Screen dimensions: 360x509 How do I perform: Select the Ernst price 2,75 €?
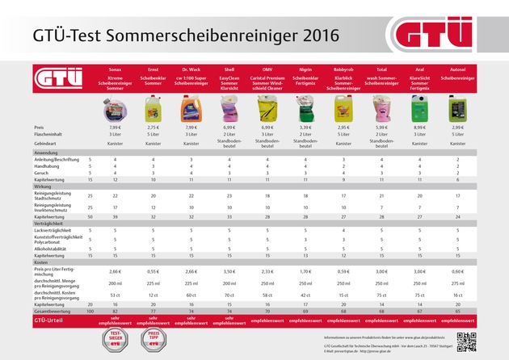point(153,128)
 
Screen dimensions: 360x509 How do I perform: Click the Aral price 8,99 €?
point(418,128)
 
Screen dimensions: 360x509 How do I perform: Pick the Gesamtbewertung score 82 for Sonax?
point(115,310)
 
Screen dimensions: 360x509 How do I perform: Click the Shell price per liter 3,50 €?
point(229,272)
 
